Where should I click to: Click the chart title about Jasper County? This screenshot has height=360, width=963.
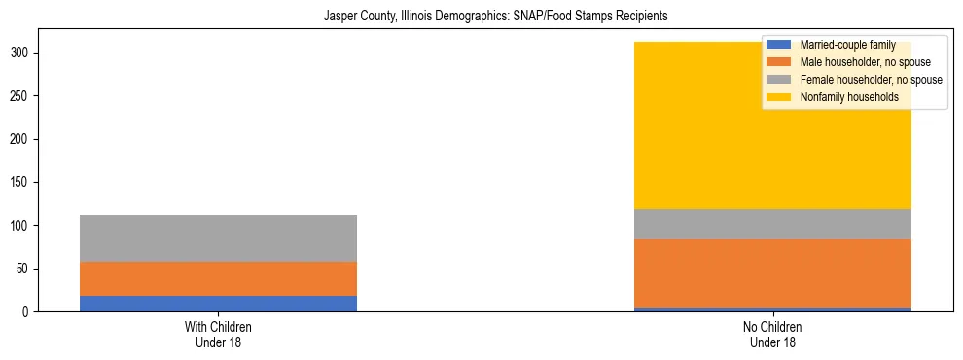click(x=481, y=17)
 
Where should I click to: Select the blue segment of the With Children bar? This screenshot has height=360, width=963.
click(x=218, y=303)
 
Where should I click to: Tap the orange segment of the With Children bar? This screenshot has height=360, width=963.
click(x=218, y=278)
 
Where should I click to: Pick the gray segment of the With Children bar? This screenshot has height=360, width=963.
click(x=218, y=238)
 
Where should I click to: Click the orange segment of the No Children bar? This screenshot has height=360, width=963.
click(x=773, y=273)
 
